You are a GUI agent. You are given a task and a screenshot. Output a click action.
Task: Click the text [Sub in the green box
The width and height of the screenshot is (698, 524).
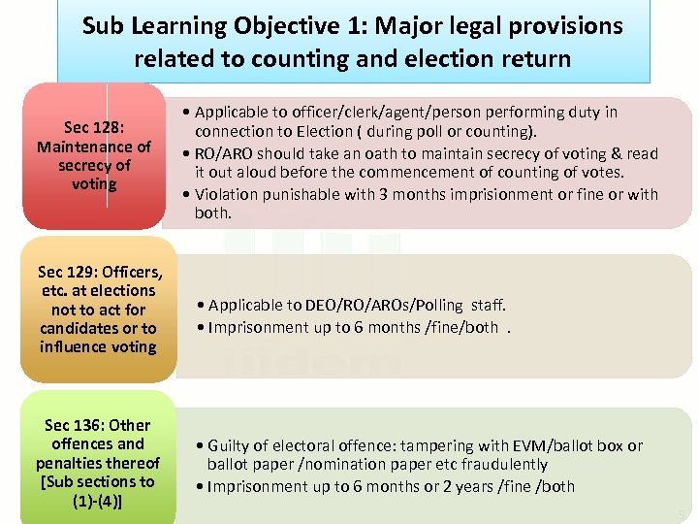coord(52,481)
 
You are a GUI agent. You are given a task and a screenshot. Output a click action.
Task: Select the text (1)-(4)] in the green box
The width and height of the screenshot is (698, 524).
coord(98,501)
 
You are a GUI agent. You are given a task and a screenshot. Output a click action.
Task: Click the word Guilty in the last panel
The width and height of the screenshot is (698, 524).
coord(232,445)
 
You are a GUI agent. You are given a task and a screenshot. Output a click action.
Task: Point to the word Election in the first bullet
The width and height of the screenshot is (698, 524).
coord(301,131)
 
